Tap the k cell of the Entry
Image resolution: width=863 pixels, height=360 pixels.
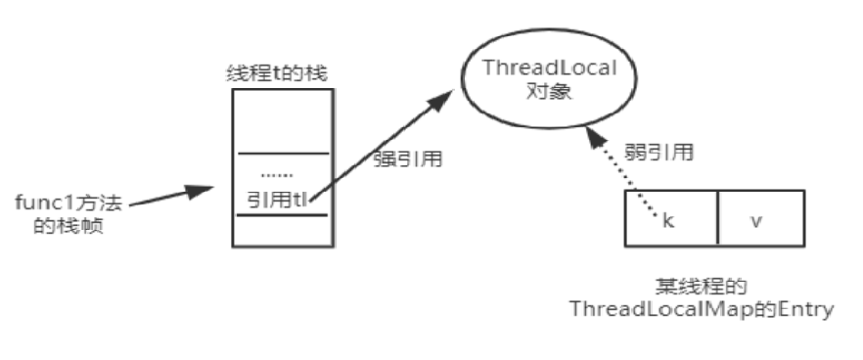670,219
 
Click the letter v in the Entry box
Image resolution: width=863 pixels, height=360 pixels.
755,219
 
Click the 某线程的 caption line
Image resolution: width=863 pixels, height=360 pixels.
701,288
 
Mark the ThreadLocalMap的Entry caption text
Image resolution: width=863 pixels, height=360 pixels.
702,310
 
